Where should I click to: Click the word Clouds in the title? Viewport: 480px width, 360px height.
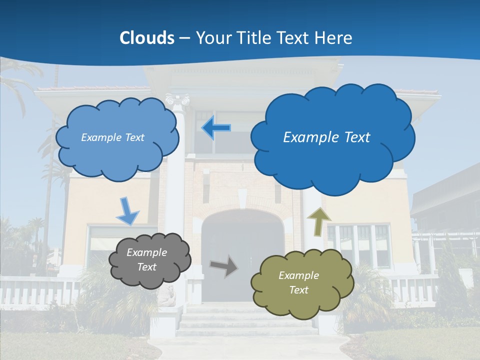click(x=147, y=38)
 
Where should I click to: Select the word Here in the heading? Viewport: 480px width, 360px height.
click(x=334, y=38)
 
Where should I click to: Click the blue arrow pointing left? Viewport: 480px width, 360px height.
click(x=216, y=128)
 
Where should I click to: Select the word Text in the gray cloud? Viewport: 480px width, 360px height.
click(x=147, y=267)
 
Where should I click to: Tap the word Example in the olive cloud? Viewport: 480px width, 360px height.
click(x=298, y=275)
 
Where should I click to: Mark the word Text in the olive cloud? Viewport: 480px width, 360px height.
click(x=298, y=290)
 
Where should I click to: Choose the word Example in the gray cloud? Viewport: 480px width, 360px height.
click(x=147, y=252)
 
